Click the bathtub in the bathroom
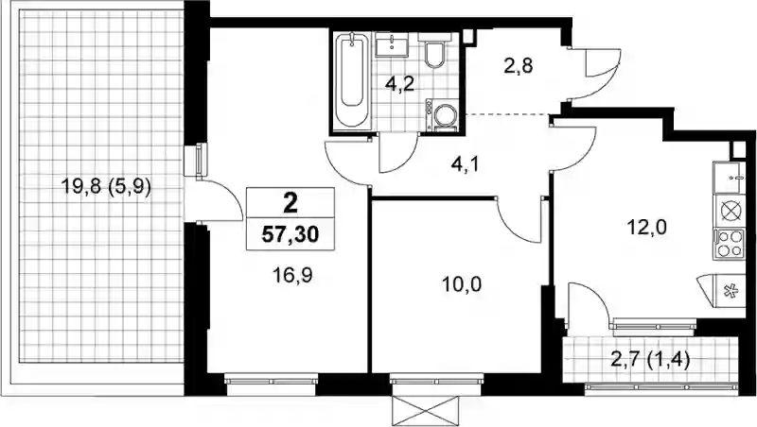(x=351, y=79)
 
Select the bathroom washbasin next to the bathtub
(x=392, y=43)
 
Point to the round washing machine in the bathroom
(x=444, y=116)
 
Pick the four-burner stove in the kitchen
(x=730, y=245)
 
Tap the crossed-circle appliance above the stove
(x=730, y=211)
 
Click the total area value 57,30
(x=290, y=234)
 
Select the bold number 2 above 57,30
(x=290, y=204)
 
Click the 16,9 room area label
(x=292, y=276)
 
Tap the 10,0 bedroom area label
(x=462, y=285)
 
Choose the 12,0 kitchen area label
(x=646, y=226)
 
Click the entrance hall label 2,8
(x=519, y=65)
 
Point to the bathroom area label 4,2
(x=399, y=85)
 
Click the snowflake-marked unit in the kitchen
(x=726, y=290)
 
